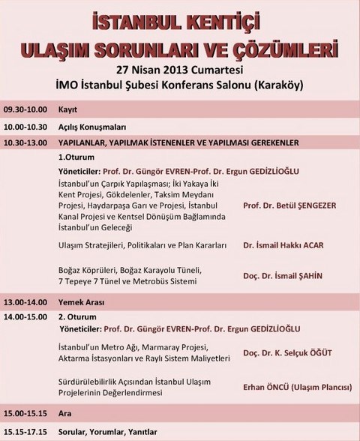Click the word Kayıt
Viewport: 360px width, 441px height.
[x=68, y=108]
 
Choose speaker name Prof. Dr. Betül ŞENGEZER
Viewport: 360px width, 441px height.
[x=289, y=204]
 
